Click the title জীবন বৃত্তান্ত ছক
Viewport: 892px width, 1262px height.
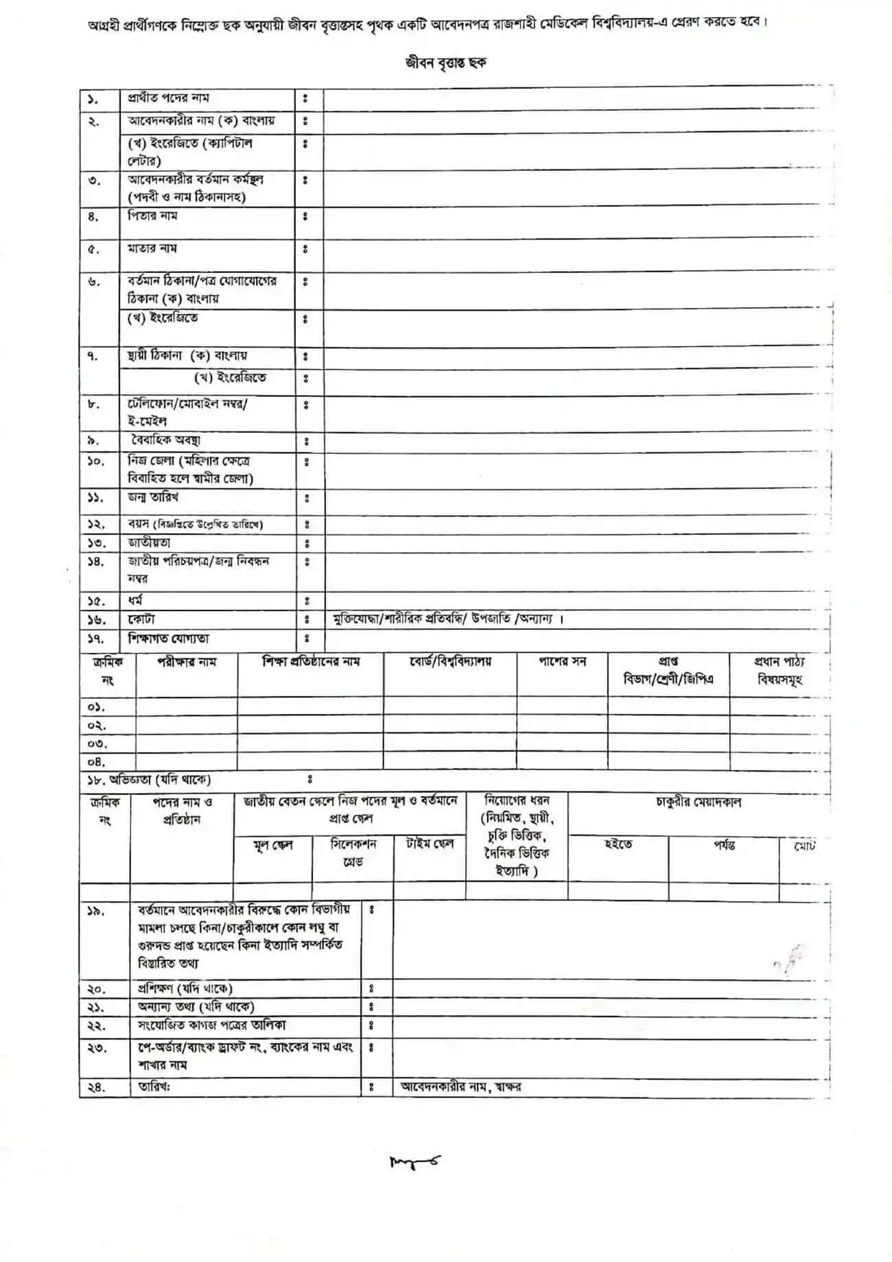click(x=445, y=62)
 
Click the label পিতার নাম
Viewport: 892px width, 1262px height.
click(x=152, y=216)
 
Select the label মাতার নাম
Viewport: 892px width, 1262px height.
click(x=152, y=248)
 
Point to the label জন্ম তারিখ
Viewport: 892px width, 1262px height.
click(x=153, y=497)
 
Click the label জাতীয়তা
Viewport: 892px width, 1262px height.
click(x=149, y=543)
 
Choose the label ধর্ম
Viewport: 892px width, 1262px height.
click(x=135, y=601)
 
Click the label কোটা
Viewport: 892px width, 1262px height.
click(x=141, y=619)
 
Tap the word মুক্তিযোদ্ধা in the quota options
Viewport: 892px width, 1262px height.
click(x=355, y=619)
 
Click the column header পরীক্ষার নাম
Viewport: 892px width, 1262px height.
click(x=187, y=663)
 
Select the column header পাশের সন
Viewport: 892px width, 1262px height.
click(x=562, y=663)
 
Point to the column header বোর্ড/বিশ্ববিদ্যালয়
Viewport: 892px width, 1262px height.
click(x=450, y=663)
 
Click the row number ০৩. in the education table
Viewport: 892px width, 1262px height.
click(x=97, y=743)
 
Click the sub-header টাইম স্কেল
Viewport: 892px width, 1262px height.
click(x=430, y=844)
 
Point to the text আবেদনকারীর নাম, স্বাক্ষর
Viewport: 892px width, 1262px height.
click(x=460, y=1087)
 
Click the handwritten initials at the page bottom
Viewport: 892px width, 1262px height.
click(x=415, y=1160)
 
